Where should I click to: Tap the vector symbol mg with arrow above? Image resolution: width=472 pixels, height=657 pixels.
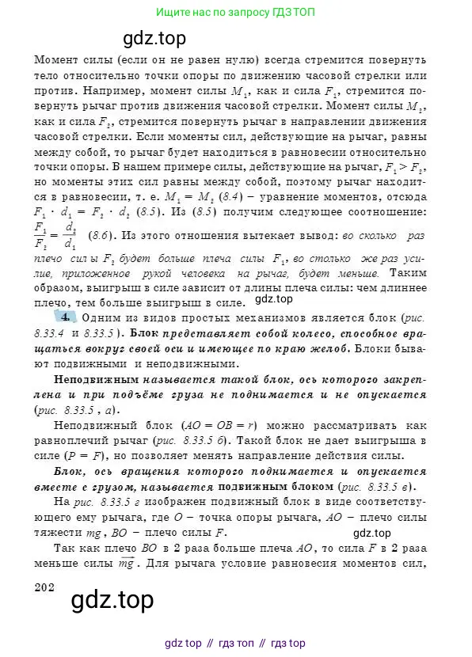(108, 564)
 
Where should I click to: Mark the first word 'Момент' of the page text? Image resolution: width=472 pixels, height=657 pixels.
(54, 60)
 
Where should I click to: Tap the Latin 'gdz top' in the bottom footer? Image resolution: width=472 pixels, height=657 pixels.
(182, 643)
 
